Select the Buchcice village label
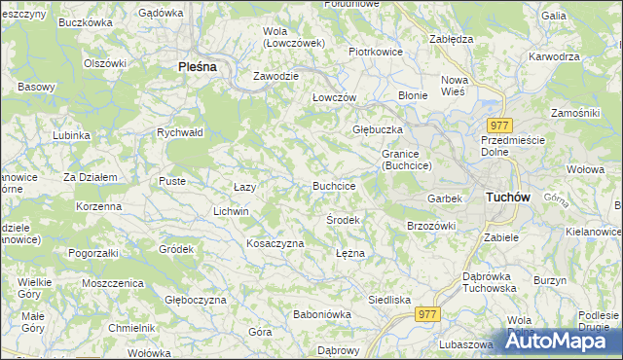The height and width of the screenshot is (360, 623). tap(334, 185)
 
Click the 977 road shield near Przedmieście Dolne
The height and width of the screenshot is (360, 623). tap(500, 126)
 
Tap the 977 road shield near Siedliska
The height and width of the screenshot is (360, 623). tap(426, 314)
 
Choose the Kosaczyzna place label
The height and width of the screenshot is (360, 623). tap(275, 243)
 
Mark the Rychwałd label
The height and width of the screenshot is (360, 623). tap(180, 132)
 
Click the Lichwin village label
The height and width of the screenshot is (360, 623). tap(232, 211)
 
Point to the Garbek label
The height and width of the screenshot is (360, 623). tap(443, 198)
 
